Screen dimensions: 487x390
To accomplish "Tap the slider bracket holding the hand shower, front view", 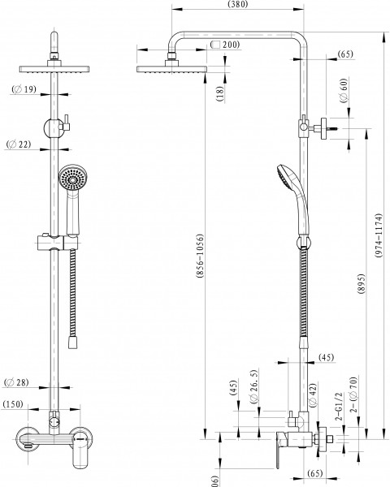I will (54, 242).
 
